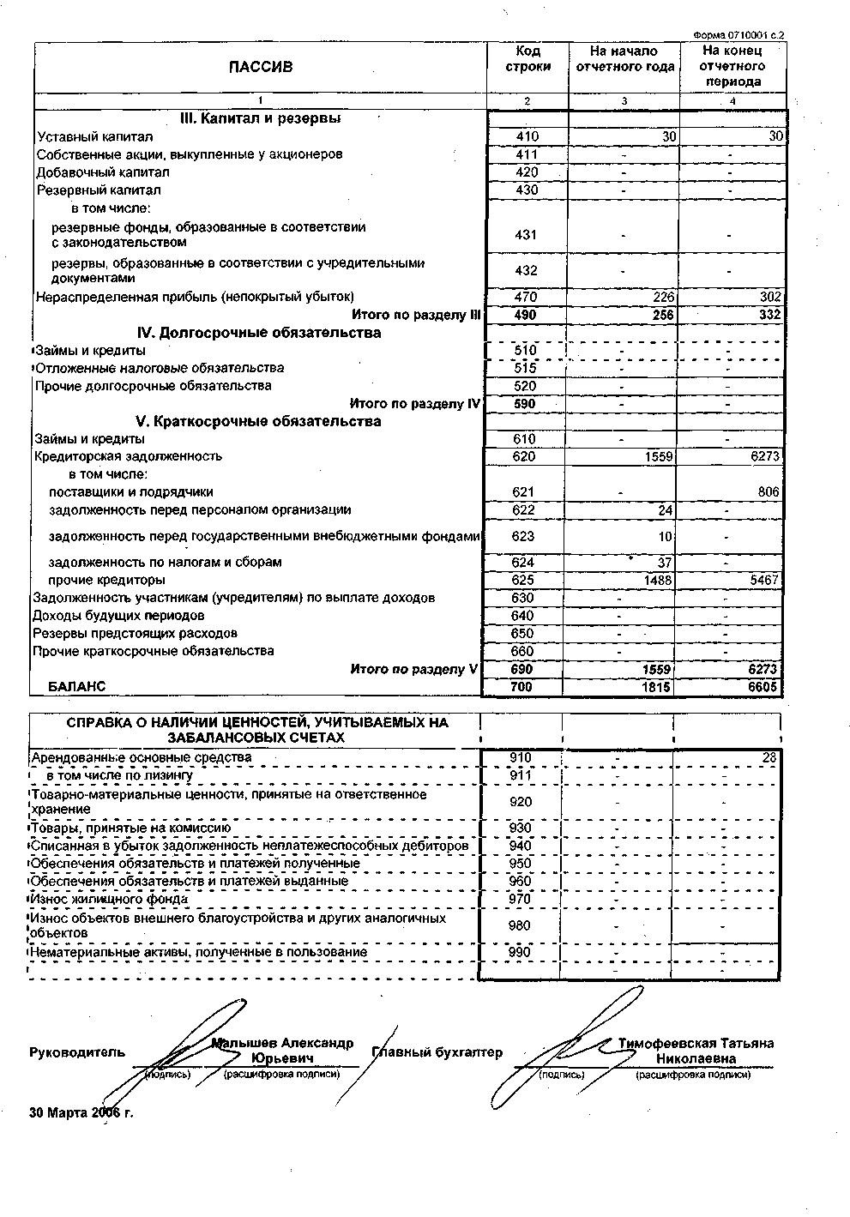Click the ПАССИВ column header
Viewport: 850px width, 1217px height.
(x=260, y=67)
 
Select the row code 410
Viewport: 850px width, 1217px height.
(x=527, y=136)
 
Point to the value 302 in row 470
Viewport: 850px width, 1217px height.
(x=770, y=298)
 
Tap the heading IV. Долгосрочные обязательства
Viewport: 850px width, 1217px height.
(x=259, y=333)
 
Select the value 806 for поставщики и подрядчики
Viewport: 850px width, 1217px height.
(x=769, y=492)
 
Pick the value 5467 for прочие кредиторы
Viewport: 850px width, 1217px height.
(x=764, y=581)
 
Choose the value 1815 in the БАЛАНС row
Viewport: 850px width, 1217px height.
(x=658, y=687)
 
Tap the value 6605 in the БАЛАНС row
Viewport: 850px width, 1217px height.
(x=765, y=687)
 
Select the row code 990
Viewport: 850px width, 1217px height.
(x=521, y=952)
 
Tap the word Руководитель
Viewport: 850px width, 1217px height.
(x=77, y=1052)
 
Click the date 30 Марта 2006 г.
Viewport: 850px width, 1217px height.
(x=81, y=1113)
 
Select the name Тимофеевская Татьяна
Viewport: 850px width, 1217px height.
(x=696, y=1044)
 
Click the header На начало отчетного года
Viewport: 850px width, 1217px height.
(x=624, y=58)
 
